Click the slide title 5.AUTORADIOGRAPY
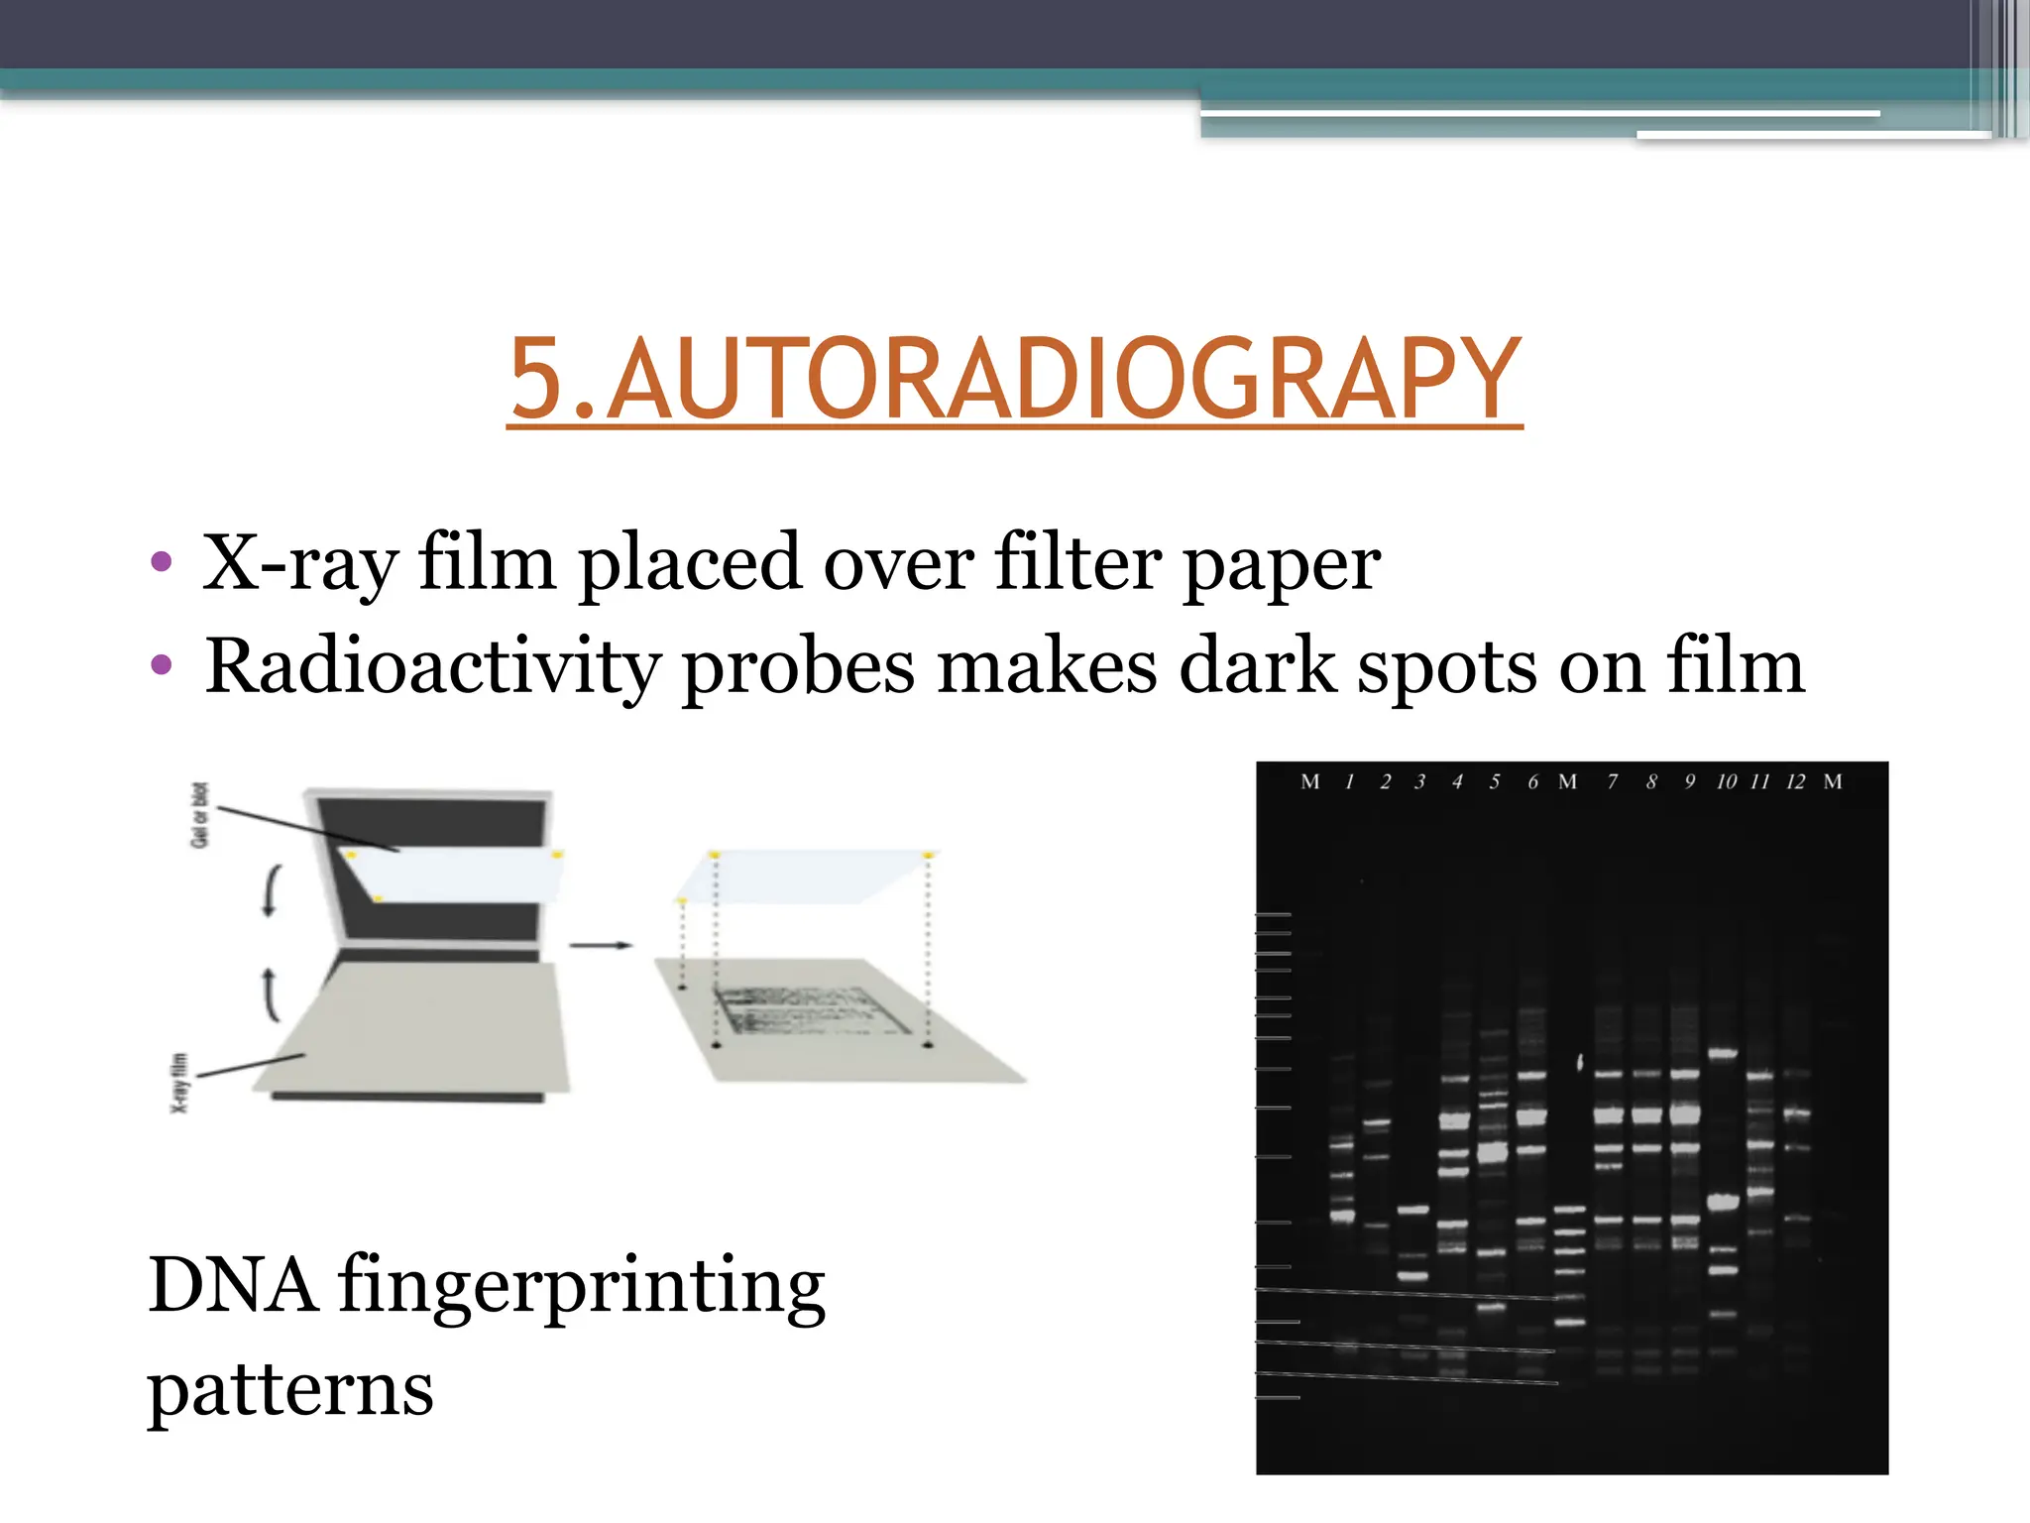(x=1014, y=379)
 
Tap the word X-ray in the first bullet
(x=298, y=563)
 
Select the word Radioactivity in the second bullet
(x=431, y=666)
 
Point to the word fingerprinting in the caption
(x=581, y=1287)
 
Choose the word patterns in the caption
(x=289, y=1390)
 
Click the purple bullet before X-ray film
(x=162, y=563)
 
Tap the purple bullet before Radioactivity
(x=162, y=664)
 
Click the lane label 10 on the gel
(x=1726, y=782)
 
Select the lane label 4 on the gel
(x=1457, y=782)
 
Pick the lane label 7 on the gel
(x=1613, y=782)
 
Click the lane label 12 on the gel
(x=1795, y=782)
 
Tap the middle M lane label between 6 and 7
(x=1567, y=782)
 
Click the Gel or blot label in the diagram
(x=200, y=815)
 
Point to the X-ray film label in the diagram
(x=179, y=1083)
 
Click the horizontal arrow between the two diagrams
(x=601, y=945)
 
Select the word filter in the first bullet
(x=1077, y=563)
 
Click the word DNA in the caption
(x=233, y=1285)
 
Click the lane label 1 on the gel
(x=1349, y=782)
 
